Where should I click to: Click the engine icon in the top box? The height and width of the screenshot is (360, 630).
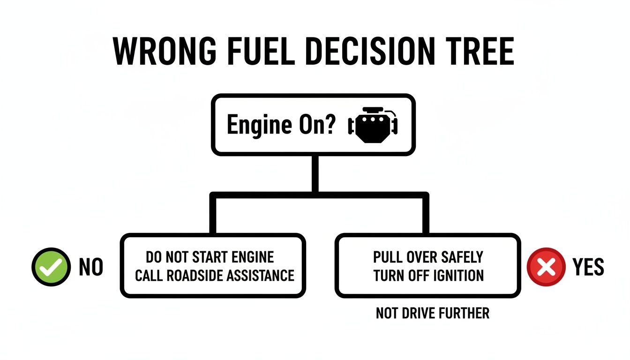pos(373,125)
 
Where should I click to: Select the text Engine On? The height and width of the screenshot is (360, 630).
pos(281,125)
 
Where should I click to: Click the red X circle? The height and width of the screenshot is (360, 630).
pos(545,267)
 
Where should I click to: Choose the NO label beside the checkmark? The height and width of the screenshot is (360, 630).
pos(91,267)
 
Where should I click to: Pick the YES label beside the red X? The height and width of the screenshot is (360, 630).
pos(588,267)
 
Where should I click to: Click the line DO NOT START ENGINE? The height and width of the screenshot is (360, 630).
pos(210,257)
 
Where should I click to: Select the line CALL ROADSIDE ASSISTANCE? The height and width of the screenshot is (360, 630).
pos(214,275)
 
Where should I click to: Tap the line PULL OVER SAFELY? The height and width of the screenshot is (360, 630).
pos(428,257)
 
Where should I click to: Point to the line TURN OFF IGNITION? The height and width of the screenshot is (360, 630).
pos(428,275)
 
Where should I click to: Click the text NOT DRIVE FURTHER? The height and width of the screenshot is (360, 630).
pos(433,313)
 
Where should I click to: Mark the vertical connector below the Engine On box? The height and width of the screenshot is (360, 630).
pos(315,173)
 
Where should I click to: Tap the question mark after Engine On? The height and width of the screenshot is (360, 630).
pos(330,125)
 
